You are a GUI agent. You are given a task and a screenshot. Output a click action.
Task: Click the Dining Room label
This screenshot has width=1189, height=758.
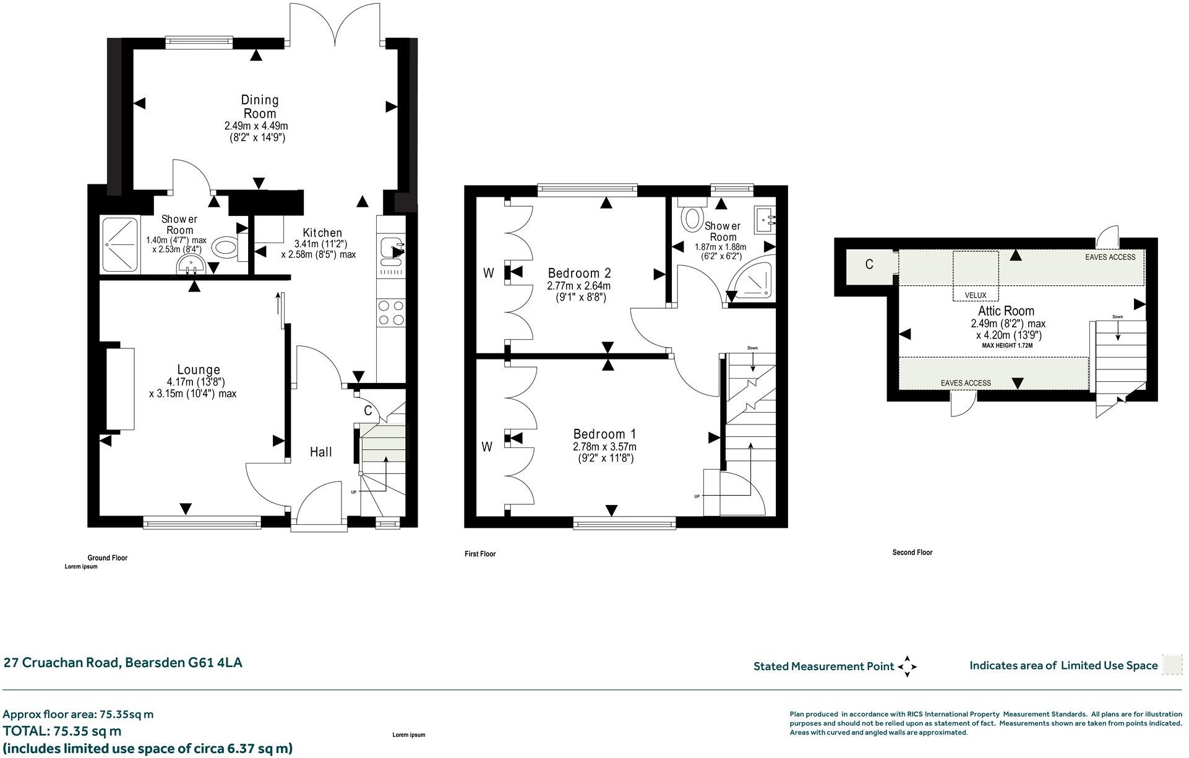(x=260, y=106)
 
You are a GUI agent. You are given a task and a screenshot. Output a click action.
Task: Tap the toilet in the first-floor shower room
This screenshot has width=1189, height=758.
(x=692, y=216)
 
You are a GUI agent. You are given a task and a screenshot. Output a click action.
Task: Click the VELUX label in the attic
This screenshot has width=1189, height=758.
(x=976, y=295)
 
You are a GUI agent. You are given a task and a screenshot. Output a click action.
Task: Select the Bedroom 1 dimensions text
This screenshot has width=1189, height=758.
(x=604, y=452)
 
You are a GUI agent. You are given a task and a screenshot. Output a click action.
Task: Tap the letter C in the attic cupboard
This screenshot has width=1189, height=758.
(x=869, y=265)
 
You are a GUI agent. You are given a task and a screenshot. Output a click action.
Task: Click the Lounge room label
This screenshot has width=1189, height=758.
(x=199, y=370)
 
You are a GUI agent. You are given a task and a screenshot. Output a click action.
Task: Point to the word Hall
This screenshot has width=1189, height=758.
(x=320, y=452)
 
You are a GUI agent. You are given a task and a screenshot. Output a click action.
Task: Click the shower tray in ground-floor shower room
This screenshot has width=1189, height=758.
(x=121, y=245)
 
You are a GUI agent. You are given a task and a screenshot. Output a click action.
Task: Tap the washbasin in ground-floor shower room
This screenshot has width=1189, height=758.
(x=192, y=266)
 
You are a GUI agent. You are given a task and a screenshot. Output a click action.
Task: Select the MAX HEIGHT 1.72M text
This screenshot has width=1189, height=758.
(x=1007, y=346)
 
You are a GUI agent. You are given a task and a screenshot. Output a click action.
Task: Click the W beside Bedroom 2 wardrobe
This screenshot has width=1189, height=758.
(x=488, y=273)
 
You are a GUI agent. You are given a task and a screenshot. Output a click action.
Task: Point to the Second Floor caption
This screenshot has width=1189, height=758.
(x=912, y=553)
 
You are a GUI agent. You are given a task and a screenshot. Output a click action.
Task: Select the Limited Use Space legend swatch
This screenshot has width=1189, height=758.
(x=1172, y=665)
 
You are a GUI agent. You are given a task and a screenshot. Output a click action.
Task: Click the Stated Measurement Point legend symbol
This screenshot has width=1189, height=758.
(x=907, y=666)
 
